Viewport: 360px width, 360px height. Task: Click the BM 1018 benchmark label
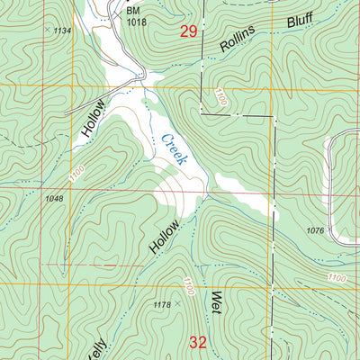134,15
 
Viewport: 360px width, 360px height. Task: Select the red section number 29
188,32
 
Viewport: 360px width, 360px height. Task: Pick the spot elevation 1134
62,31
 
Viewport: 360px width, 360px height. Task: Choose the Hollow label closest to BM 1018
93,117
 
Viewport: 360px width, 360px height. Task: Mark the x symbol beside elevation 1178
178,304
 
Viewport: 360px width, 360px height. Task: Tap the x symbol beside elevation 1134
47,30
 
